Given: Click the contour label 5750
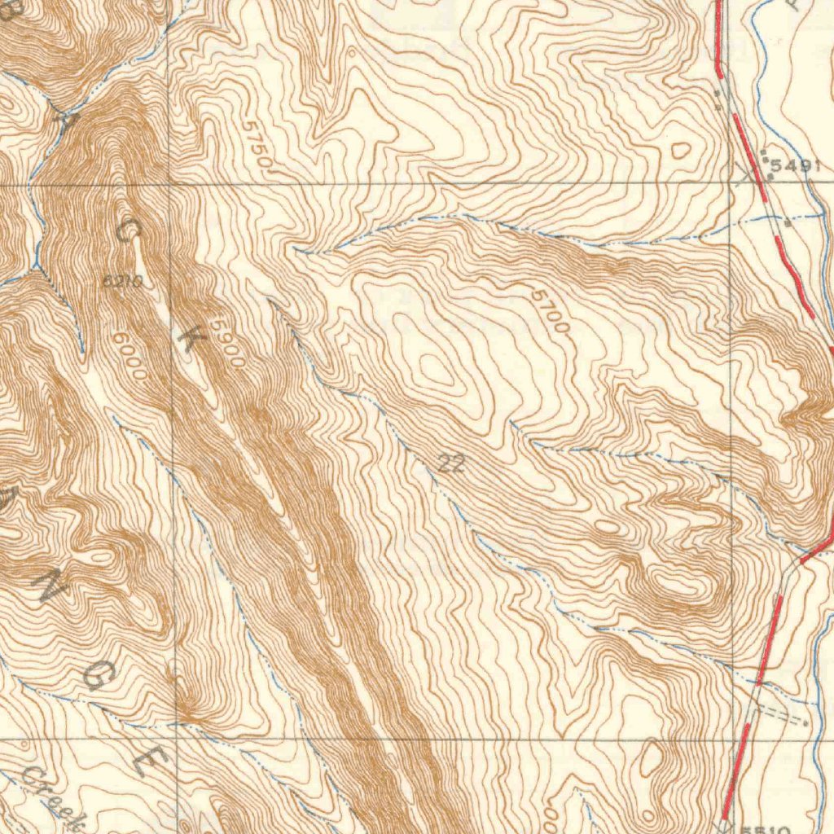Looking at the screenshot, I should (257, 145).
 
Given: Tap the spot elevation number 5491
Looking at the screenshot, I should (793, 166).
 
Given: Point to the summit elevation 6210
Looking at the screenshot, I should (123, 282).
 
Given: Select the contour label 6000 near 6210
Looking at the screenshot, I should (130, 355).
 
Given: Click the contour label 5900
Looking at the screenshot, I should (227, 342).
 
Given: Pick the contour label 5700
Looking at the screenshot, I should (551, 310).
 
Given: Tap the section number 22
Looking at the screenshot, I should (451, 464).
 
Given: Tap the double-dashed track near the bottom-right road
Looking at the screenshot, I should (780, 715).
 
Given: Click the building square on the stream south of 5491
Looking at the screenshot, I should (788, 221).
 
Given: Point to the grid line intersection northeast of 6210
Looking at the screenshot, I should (170, 186).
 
